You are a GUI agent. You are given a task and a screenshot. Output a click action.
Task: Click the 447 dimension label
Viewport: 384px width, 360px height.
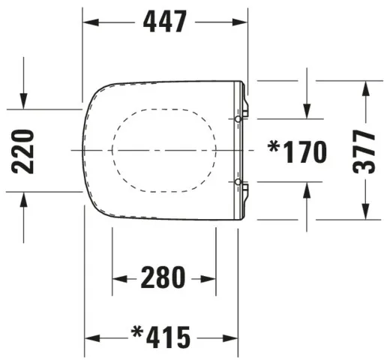pos(165,22)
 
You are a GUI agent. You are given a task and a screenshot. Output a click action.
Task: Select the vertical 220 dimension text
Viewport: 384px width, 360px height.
pos(25,151)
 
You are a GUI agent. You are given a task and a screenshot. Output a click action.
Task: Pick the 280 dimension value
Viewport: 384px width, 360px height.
pos(163,278)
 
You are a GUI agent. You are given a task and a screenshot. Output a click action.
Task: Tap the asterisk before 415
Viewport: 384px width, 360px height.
pos(137,331)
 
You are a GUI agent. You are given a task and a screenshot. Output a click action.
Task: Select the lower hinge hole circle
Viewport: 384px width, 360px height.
pos(238,182)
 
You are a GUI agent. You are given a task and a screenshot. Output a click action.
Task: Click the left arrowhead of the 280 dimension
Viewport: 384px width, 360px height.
pos(117,279)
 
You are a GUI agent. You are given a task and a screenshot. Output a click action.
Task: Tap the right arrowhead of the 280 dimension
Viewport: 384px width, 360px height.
pos(213,279)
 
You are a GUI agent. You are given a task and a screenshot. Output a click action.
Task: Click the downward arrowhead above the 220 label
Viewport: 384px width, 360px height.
pos(25,104)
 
